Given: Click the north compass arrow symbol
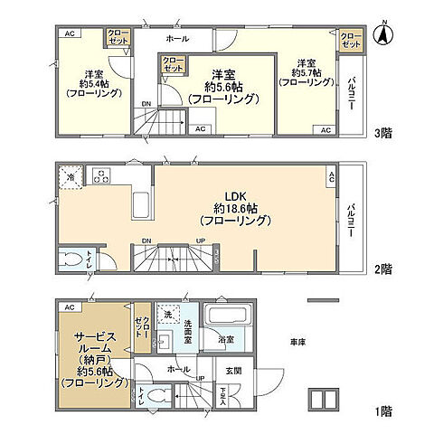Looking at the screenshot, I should point(384,37).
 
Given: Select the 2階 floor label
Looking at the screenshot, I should point(384,269).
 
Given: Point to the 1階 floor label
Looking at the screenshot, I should point(384,410).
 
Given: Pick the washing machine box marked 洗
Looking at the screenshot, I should point(167,315).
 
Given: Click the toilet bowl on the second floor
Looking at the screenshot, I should point(72,260).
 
